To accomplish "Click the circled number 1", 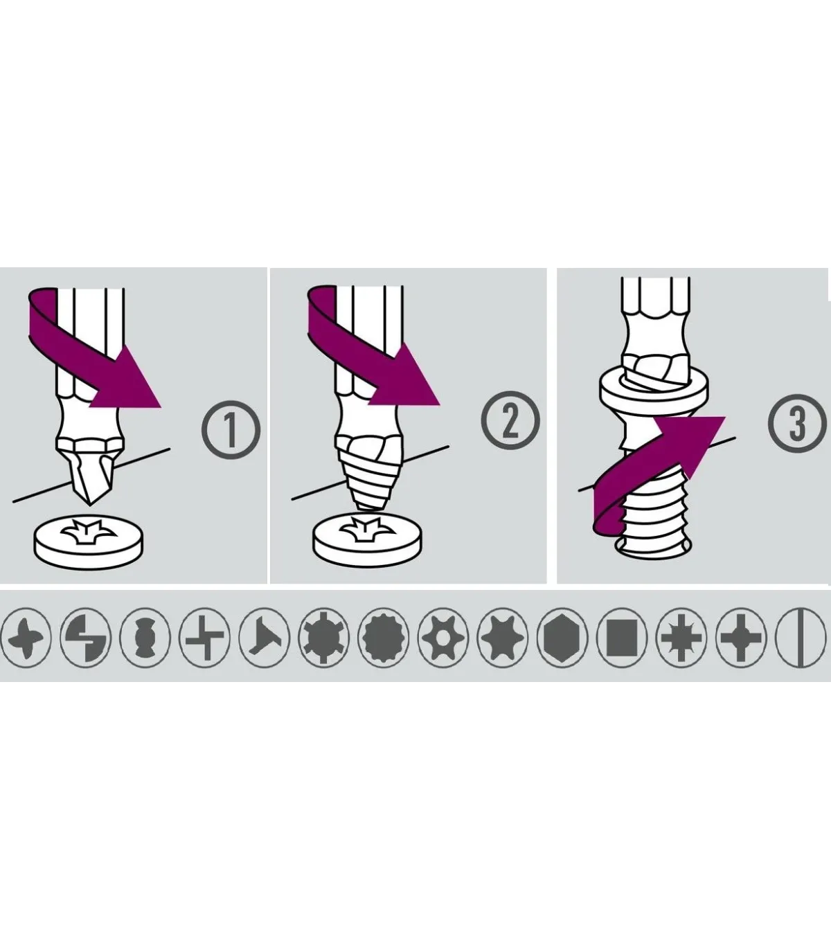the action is coord(231,430).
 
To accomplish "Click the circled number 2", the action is coord(510,423).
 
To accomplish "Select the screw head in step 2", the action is coord(368,539).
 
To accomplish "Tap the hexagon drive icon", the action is coord(561,638).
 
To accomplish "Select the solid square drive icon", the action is coord(620,638).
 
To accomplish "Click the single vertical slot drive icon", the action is coord(802,638).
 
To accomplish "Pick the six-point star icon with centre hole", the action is coord(442,638).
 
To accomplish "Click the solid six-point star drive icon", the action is coord(501,638).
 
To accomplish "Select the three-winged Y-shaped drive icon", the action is coord(263,638).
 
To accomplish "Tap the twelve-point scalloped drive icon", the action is coord(382,638).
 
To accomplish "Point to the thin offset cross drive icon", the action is coord(204,638).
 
